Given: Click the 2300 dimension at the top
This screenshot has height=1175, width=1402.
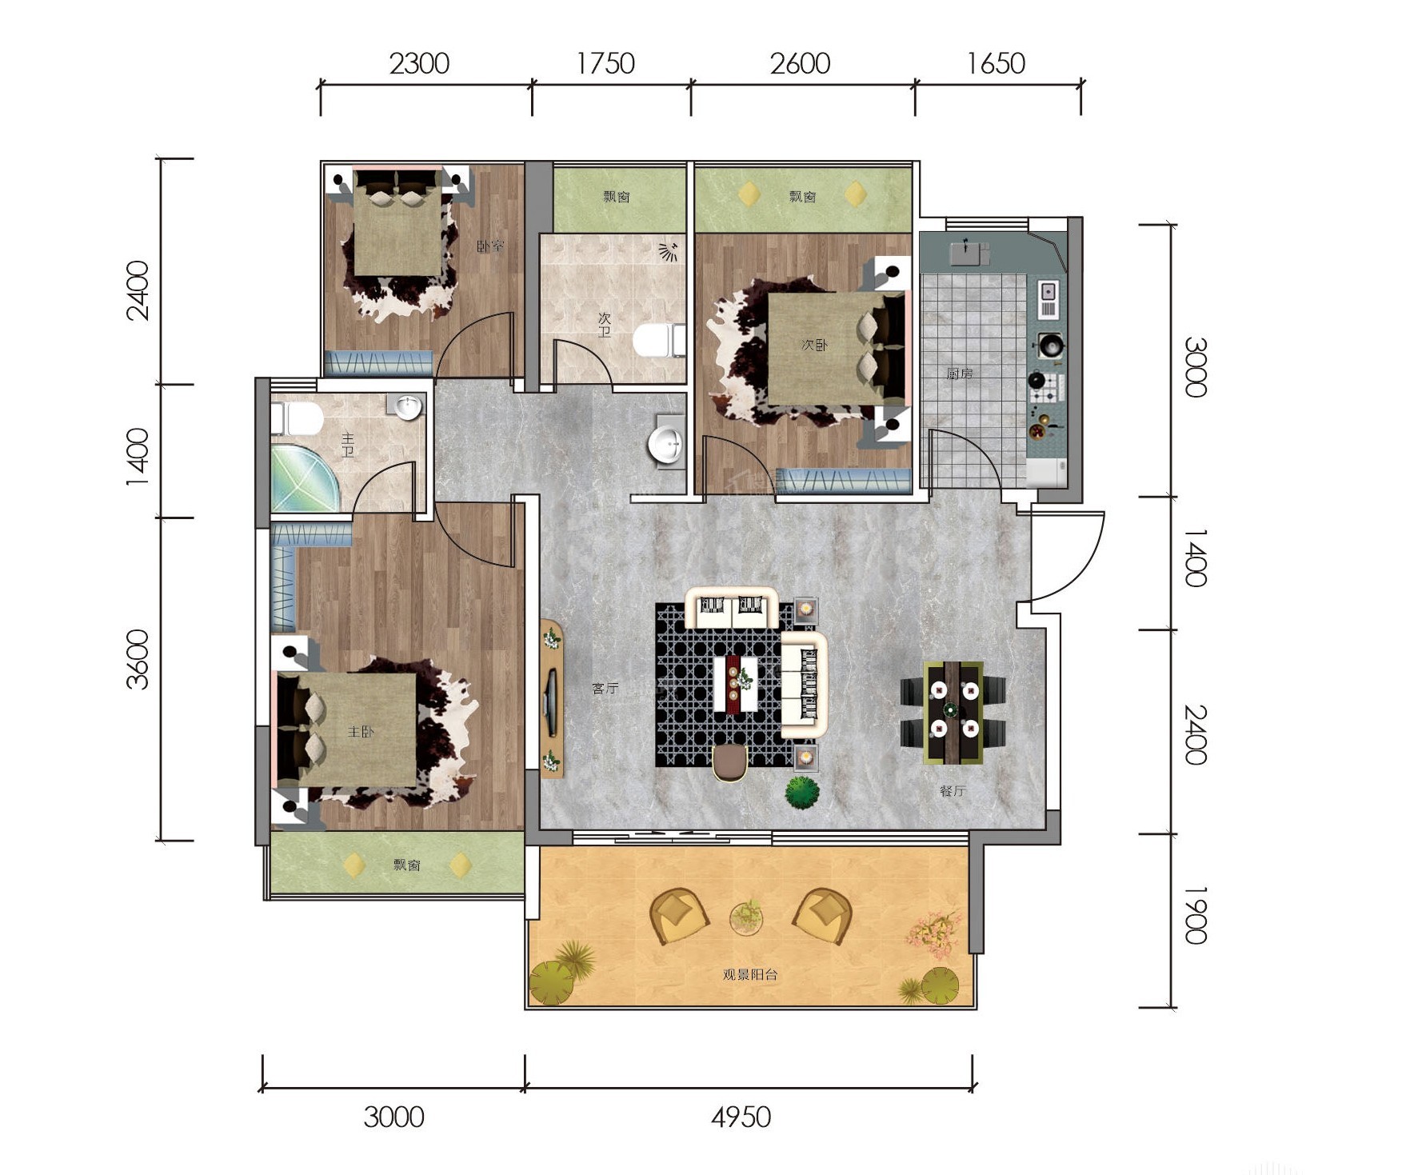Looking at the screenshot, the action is [419, 63].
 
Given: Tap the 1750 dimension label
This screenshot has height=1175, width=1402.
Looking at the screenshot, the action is [605, 63].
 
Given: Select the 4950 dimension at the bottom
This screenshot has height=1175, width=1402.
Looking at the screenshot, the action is [741, 1117].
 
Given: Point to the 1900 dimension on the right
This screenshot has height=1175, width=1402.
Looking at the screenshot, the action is [1195, 914].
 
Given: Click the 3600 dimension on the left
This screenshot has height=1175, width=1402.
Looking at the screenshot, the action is [138, 659].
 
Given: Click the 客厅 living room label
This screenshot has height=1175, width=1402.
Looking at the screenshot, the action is [605, 688].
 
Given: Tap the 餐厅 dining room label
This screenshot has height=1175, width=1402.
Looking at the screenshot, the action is [953, 791].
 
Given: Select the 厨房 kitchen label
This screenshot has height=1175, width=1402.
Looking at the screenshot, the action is [959, 373].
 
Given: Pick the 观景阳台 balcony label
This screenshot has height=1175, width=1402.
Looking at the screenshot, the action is [750, 974].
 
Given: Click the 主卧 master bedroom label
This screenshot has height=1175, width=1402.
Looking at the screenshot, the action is [361, 732].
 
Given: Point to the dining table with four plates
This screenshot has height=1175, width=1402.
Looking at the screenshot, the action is [953, 712].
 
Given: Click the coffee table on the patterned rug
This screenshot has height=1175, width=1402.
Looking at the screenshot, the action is [736, 683].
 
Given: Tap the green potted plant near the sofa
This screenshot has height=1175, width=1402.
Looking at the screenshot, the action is [801, 792].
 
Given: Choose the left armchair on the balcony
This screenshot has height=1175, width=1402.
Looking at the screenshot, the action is [679, 915].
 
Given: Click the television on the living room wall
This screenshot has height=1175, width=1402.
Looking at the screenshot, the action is [551, 701].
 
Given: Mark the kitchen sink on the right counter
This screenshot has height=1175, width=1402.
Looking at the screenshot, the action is [1048, 298].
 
